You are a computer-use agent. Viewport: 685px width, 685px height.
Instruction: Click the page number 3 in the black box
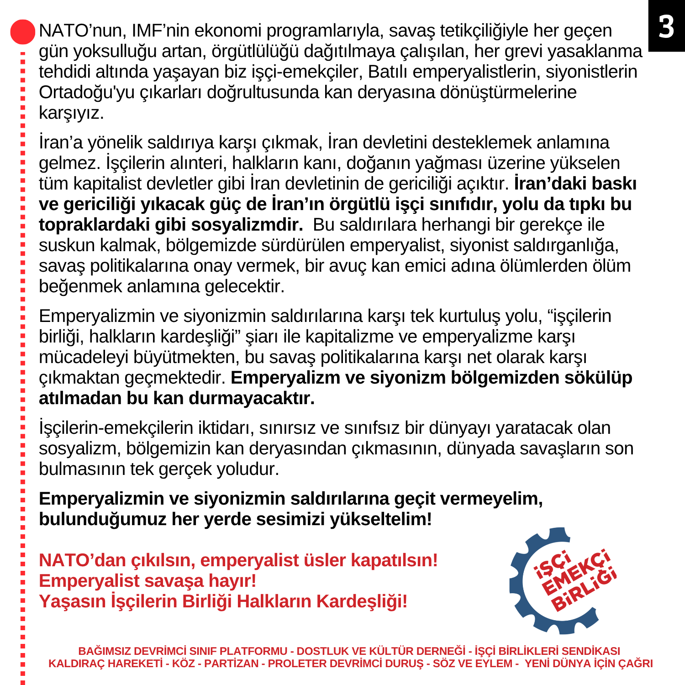coord(666,26)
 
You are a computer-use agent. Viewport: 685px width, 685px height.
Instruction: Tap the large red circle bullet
coord(22,32)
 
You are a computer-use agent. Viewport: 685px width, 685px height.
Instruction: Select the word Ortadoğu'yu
coord(87,92)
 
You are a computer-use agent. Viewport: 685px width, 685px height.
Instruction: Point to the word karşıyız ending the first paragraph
coord(71,113)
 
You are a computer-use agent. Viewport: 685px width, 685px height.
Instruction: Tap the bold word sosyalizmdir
coord(247,225)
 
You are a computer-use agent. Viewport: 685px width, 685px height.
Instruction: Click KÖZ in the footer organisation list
coord(183,664)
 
